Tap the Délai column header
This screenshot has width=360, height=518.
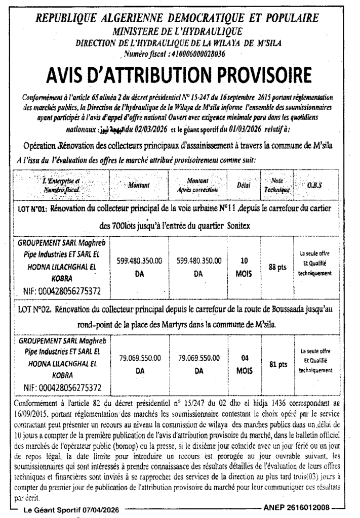[x=244, y=186]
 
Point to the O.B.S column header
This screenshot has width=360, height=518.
[x=314, y=186]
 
